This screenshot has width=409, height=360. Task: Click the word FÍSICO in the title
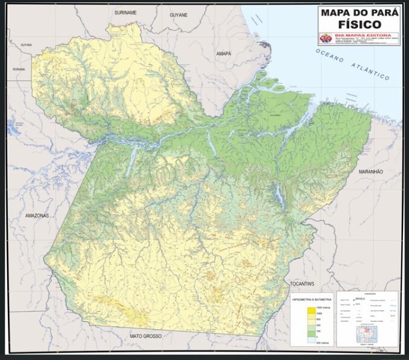tap(359, 25)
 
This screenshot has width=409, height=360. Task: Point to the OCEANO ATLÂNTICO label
tap(352, 65)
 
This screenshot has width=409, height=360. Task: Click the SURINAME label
tap(125, 12)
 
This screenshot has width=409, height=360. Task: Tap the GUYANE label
tap(179, 14)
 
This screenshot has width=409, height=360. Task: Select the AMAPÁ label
tap(224, 54)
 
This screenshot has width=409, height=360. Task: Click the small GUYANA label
tap(26, 45)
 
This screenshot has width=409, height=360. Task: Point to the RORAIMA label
tap(19, 69)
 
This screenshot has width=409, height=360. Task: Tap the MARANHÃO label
tap(371, 172)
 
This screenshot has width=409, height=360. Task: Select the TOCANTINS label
tap(302, 283)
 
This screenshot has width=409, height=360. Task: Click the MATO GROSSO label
tap(145, 336)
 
